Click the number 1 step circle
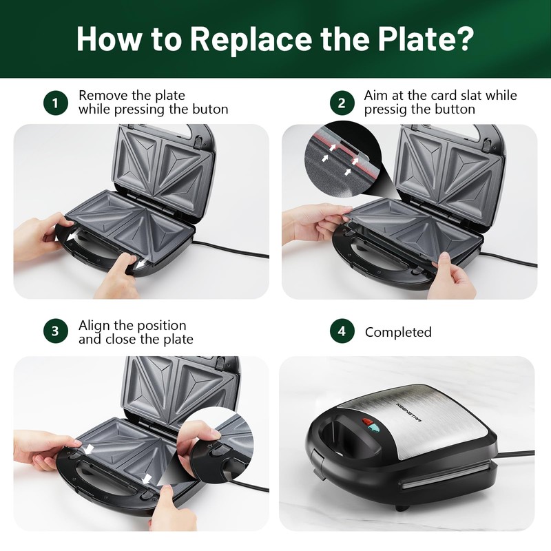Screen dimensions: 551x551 coord(56,103)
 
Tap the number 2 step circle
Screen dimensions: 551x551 coord(342,103)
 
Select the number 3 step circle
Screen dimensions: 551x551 coord(56,331)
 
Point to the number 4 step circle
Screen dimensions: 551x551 coord(342,331)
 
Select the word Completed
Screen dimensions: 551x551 coord(398,332)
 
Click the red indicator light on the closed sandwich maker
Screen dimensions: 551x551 coord(368,422)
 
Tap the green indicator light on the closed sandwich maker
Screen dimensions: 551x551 coord(375,428)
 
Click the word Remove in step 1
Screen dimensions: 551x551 coord(103,96)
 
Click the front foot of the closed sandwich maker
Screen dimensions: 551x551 coord(403,507)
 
